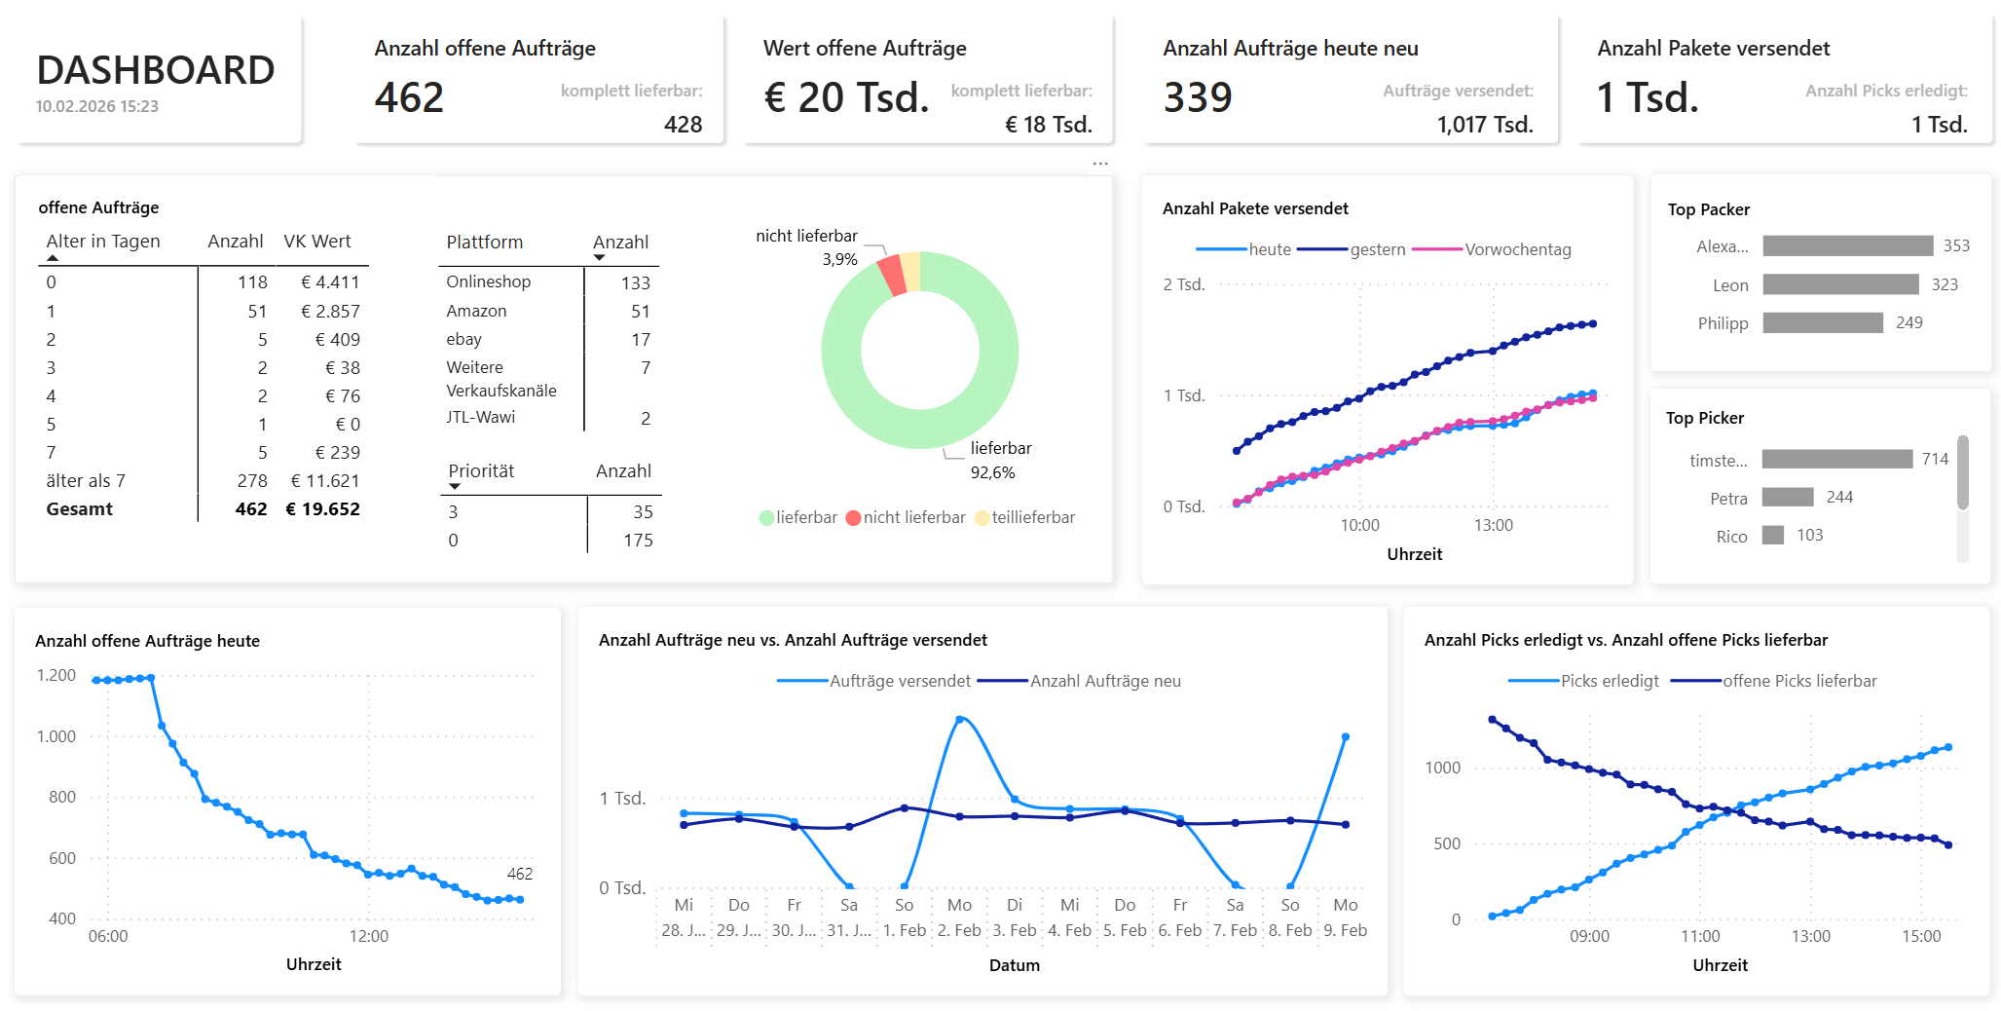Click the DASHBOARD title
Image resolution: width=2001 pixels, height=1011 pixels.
pyautogui.click(x=156, y=70)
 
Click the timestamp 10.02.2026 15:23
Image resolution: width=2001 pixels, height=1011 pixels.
pyautogui.click(x=97, y=106)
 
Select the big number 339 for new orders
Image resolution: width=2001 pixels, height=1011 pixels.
pyautogui.click(x=1198, y=97)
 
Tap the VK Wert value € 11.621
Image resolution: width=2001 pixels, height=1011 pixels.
pyautogui.click(x=325, y=481)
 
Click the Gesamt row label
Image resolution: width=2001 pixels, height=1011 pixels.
pyautogui.click(x=80, y=509)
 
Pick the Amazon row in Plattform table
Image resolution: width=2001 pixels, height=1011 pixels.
pyautogui.click(x=477, y=312)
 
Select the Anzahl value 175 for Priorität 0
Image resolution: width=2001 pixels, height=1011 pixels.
pyautogui.click(x=638, y=541)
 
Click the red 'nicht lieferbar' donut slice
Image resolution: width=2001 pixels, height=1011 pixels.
pyautogui.click(x=891, y=275)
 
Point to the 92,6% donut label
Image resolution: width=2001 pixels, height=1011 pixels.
pyautogui.click(x=992, y=473)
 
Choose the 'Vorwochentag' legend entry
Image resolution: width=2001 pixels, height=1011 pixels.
pyautogui.click(x=1517, y=250)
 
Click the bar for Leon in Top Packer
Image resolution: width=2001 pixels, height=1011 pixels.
pyautogui.click(x=1840, y=284)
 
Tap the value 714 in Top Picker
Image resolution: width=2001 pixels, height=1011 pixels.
pyautogui.click(x=1935, y=459)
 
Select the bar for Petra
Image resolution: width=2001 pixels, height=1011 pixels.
pyautogui.click(x=1788, y=498)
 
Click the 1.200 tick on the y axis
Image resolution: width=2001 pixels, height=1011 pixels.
pyautogui.click(x=56, y=676)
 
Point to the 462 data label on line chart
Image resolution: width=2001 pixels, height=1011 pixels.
pyautogui.click(x=520, y=875)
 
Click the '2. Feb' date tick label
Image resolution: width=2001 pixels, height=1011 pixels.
pyautogui.click(x=959, y=931)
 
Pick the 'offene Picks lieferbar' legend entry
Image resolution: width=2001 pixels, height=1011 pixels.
pyautogui.click(x=1799, y=682)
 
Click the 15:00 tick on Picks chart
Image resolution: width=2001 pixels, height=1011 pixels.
pyautogui.click(x=1921, y=937)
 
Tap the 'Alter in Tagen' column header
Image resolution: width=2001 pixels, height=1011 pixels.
pyautogui.click(x=103, y=242)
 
